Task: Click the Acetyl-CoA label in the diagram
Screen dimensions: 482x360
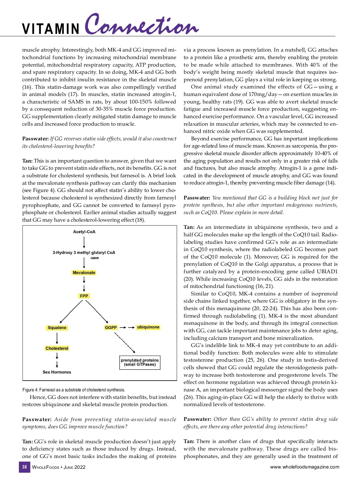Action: click(x=84, y=232)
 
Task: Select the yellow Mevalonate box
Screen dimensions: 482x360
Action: click(x=84, y=273)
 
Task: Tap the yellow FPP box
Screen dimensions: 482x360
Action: click(x=84, y=296)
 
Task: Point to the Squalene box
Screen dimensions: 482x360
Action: click(x=57, y=328)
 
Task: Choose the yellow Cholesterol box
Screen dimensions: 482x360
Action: click(x=57, y=348)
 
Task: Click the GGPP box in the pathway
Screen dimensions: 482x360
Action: click(x=111, y=328)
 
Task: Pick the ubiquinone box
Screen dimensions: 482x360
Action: click(x=148, y=327)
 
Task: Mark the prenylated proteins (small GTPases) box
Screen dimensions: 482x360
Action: click(x=140, y=362)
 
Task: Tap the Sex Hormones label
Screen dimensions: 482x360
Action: click(x=57, y=372)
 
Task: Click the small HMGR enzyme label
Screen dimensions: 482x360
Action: click(x=94, y=258)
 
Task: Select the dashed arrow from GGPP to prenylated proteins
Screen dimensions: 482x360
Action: click(x=125, y=342)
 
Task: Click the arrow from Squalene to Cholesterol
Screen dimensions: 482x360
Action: click(x=57, y=338)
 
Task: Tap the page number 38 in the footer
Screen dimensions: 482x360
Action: click(x=25, y=467)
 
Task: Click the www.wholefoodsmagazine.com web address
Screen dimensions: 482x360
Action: click(x=304, y=467)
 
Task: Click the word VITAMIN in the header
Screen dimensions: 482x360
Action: click(x=51, y=29)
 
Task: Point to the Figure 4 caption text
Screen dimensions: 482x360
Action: click(x=74, y=390)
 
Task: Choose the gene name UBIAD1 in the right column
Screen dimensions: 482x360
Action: click(x=327, y=271)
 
